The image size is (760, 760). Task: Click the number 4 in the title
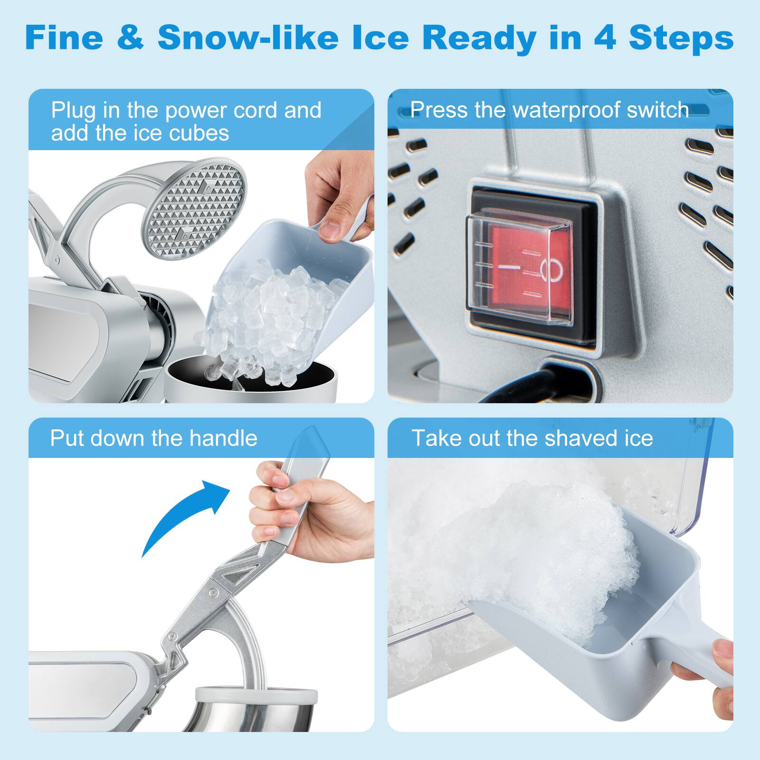605,38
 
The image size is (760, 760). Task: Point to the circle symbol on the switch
551,270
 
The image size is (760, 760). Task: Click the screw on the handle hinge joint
215,592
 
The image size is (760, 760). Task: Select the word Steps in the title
681,38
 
